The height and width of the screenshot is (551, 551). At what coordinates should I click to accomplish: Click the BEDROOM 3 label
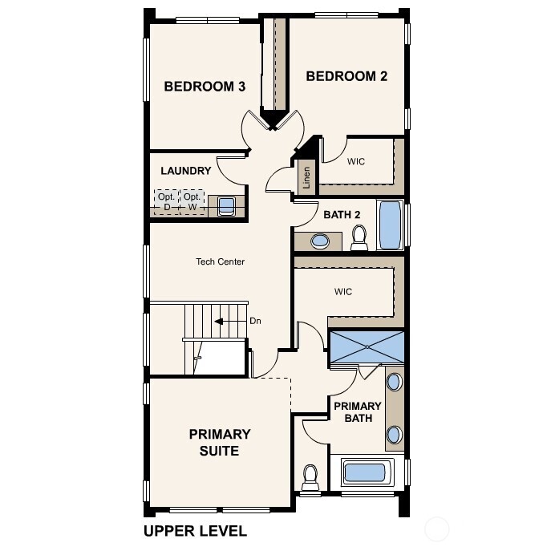(205, 87)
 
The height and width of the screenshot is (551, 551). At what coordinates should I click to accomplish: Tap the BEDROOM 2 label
(346, 76)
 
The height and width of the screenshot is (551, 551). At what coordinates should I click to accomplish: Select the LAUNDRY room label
(185, 171)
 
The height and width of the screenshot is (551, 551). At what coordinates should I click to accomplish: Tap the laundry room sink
(226, 206)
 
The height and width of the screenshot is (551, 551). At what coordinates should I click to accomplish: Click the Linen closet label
(306, 179)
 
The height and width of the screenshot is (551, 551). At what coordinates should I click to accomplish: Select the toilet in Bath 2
(359, 236)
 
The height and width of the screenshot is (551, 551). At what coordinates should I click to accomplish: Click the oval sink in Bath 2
(320, 240)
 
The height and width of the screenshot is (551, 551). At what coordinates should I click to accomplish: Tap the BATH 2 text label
(342, 214)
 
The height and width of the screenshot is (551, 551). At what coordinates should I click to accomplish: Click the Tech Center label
(220, 261)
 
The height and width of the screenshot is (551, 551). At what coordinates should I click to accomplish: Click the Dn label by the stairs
(255, 321)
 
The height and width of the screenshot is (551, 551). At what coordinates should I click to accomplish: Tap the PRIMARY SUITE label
(220, 442)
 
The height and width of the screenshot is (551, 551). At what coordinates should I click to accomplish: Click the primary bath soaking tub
(365, 472)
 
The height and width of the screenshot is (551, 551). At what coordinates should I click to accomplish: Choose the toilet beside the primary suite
(310, 477)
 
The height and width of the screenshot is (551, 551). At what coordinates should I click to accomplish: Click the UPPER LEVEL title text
(195, 530)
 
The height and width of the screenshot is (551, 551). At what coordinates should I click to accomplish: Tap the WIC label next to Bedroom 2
(356, 162)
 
